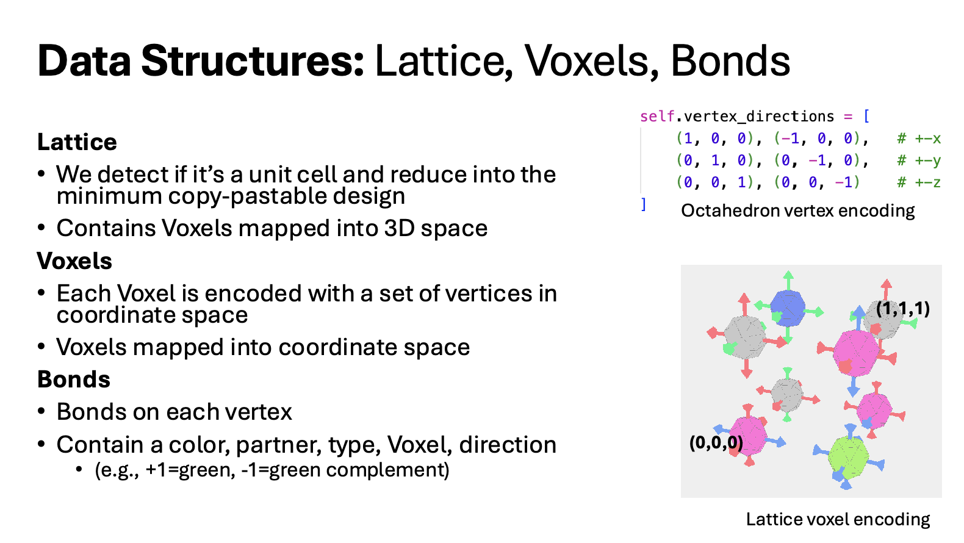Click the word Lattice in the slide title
444,61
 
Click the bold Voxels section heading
74,261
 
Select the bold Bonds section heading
74,379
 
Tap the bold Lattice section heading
77,142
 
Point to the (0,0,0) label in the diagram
716,442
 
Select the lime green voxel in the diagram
848,458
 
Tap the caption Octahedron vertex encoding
797,211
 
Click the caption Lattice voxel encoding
838,519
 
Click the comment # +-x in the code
919,138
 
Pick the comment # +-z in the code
919,182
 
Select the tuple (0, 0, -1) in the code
817,182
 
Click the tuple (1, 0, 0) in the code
715,138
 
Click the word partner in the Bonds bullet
278,445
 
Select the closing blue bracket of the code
644,204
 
